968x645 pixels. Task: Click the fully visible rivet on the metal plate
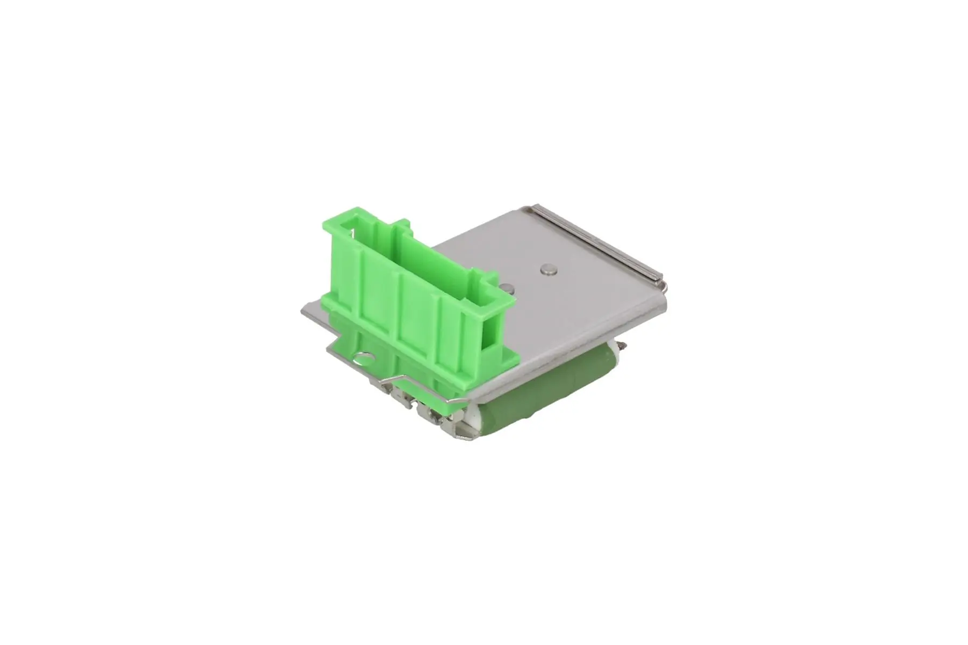click(547, 270)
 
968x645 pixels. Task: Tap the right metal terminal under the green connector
click(430, 414)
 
